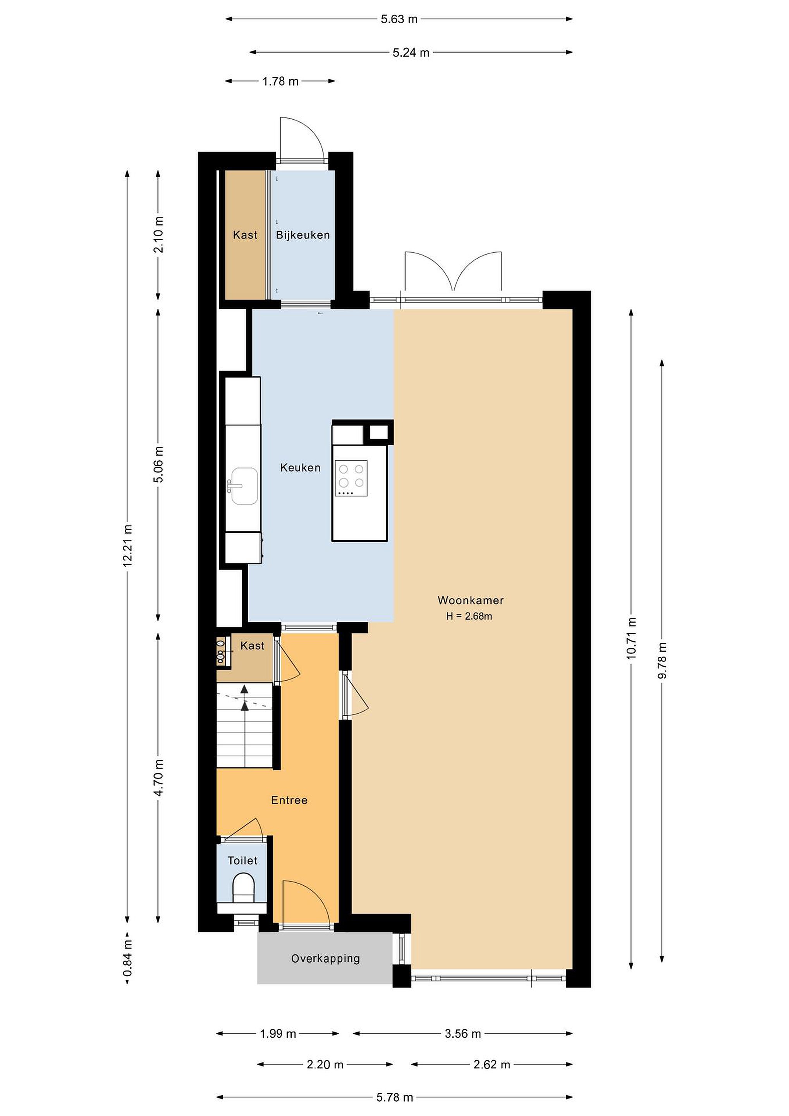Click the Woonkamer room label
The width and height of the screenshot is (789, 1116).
pos(470,600)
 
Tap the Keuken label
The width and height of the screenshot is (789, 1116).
pos(300,468)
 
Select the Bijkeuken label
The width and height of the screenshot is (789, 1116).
pos(303,235)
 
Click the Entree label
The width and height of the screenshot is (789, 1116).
pos(289,800)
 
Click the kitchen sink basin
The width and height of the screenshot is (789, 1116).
pos(244,486)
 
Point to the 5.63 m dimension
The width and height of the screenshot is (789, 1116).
pos(399,19)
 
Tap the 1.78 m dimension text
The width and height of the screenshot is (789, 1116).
pos(280,81)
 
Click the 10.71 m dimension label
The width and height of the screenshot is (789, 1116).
pos(631,638)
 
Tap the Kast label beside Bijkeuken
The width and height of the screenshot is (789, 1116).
pos(245,235)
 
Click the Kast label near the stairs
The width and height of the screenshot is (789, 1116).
pos(252,646)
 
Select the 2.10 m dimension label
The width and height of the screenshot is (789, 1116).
pos(158,235)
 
